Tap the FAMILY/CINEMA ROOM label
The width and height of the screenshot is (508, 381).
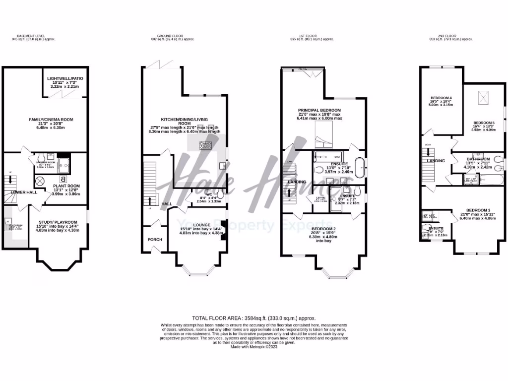(x=46, y=119)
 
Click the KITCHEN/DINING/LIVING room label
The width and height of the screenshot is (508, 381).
(x=190, y=120)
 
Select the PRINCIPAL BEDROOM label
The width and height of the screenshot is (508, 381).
(x=319, y=110)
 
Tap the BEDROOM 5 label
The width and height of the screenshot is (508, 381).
(x=484, y=122)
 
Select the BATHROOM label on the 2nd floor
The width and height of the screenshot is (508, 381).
(x=478, y=159)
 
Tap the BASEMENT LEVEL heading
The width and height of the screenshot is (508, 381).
(x=31, y=36)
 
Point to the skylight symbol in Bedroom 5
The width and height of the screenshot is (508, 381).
(x=483, y=98)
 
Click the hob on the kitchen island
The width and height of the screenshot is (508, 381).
(x=205, y=145)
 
